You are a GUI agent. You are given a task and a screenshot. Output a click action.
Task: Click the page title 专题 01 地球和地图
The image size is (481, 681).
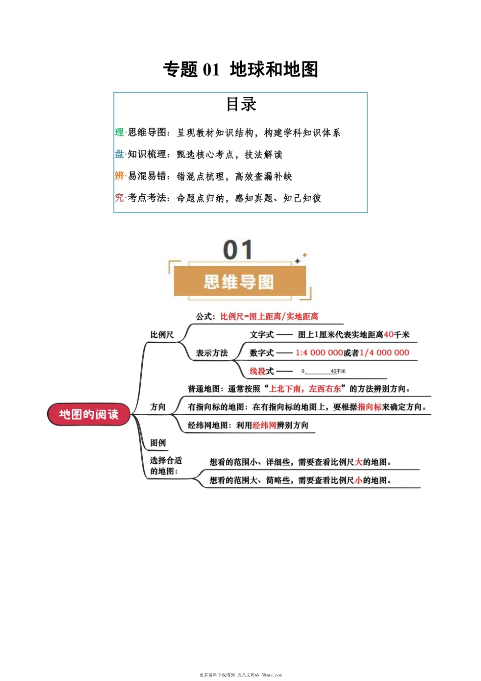(240, 69)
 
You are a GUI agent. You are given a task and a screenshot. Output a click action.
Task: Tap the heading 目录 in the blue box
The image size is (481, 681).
(241, 104)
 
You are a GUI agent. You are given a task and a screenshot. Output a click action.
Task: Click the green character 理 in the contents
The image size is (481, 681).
(119, 132)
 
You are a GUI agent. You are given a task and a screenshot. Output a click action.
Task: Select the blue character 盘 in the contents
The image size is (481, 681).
(119, 154)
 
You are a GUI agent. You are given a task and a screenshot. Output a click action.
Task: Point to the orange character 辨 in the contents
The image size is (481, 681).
(119, 176)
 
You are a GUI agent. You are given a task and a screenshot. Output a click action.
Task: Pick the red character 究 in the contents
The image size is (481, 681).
(119, 198)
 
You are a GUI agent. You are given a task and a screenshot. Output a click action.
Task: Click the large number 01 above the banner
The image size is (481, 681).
(237, 250)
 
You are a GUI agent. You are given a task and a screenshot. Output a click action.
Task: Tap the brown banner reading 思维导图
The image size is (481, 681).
(239, 281)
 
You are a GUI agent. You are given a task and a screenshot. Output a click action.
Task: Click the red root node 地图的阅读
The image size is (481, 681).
(89, 414)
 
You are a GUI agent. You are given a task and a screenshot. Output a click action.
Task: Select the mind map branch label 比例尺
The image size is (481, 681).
(162, 335)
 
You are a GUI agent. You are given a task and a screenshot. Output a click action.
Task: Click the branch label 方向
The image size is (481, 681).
(158, 407)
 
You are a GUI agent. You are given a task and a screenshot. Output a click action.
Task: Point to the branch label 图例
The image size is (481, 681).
(158, 443)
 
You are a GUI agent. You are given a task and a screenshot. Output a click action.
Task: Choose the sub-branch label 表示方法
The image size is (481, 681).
(212, 353)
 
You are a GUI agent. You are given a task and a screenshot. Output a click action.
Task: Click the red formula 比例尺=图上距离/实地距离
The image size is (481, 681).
(269, 316)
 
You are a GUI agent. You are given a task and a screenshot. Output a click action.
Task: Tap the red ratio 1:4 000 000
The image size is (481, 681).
(319, 353)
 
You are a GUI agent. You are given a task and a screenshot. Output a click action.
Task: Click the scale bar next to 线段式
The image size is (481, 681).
(323, 372)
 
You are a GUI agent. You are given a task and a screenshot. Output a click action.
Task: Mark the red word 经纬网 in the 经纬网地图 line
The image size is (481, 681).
(264, 425)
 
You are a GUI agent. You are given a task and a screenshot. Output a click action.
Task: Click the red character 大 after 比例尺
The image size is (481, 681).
(358, 462)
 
